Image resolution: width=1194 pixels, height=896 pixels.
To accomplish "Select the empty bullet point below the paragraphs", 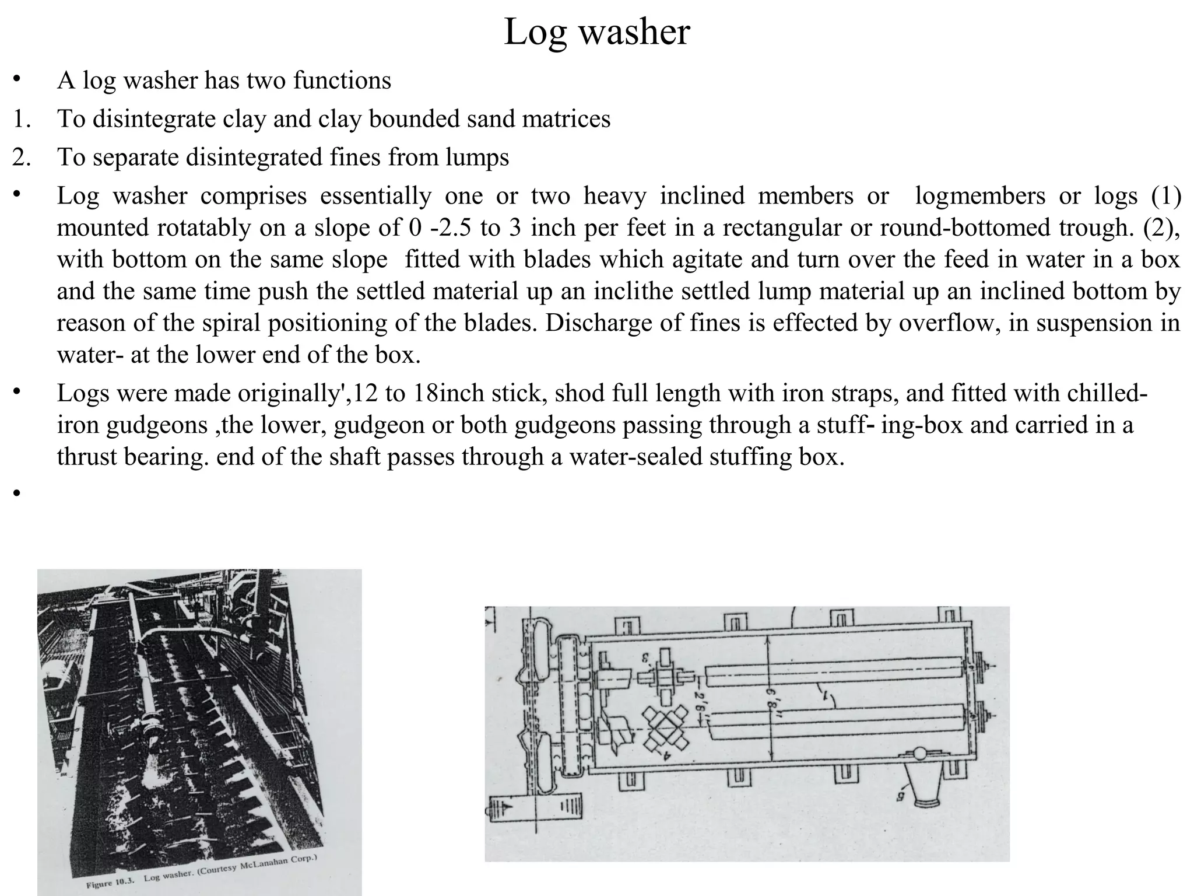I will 17,494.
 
